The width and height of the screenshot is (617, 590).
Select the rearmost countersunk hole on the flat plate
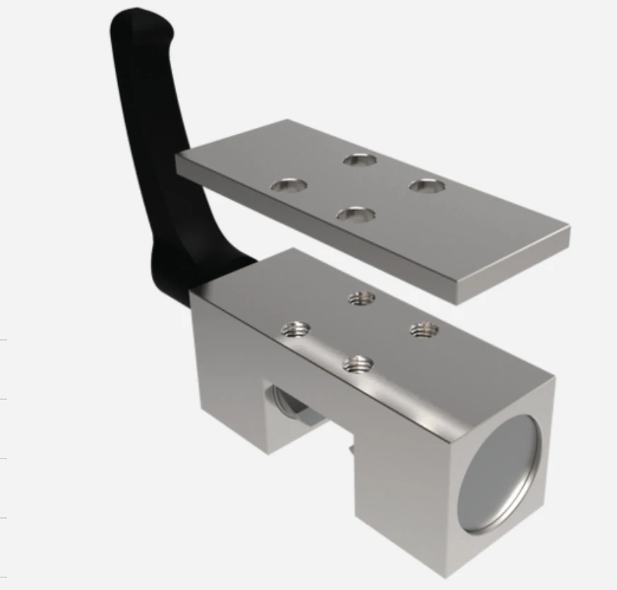tap(360, 160)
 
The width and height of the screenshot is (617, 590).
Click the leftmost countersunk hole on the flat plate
tap(289, 186)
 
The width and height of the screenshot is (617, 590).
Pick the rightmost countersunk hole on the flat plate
tap(428, 186)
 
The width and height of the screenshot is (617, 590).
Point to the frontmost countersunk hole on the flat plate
tap(355, 213)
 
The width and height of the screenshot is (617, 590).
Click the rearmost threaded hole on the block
tap(361, 299)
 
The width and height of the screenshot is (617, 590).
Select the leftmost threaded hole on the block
tap(295, 329)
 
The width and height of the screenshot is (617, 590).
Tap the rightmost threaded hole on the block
tap(424, 329)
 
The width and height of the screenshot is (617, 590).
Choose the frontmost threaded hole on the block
tap(358, 365)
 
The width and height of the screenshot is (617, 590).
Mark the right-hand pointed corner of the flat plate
tap(568, 230)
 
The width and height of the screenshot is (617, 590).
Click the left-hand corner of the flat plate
tap(177, 158)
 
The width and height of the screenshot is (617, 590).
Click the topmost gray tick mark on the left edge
tap(4, 340)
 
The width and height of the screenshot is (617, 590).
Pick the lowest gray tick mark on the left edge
tap(4, 518)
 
